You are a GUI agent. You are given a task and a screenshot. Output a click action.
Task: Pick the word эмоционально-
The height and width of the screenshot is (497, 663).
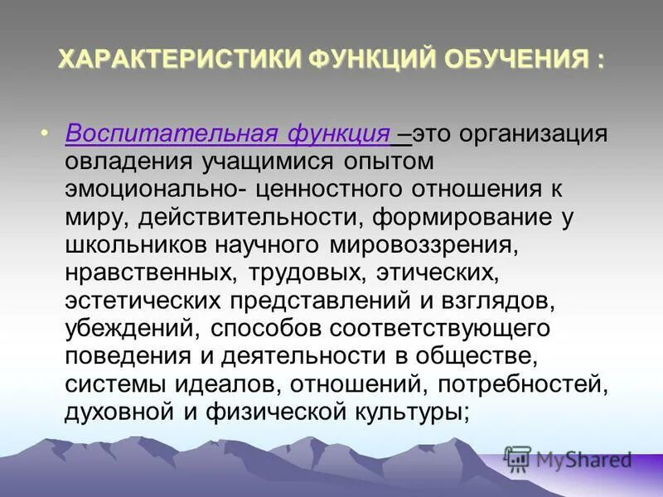[x=155, y=189]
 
